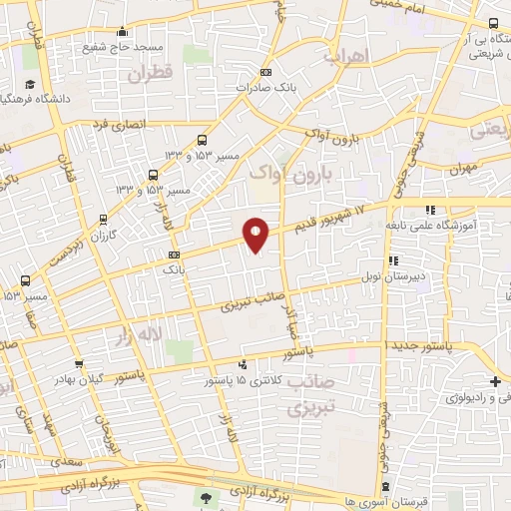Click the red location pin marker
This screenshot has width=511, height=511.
255,235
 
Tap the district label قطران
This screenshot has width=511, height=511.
151,73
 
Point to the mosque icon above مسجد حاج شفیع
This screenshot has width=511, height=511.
122,31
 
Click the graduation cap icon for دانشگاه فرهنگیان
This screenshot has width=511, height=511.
31,83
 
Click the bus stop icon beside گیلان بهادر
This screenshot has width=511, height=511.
79,365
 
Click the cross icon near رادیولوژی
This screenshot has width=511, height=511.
495,381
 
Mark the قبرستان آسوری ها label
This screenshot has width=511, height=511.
340,499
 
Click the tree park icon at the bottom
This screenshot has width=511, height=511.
207,498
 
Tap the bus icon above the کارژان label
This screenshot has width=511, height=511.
104,220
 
